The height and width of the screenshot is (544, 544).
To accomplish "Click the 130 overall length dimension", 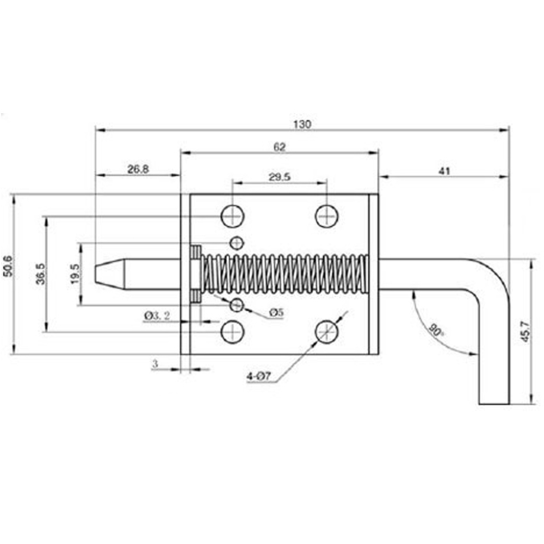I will pyautogui.click(x=302, y=124).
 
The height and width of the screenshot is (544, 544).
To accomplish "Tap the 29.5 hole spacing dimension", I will pyautogui.click(x=279, y=176).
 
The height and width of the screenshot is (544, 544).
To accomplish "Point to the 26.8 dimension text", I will pyautogui.click(x=138, y=170).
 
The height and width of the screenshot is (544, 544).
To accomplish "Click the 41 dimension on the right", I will pyautogui.click(x=444, y=171).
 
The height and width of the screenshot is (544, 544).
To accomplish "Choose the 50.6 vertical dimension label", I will pyautogui.click(x=7, y=266).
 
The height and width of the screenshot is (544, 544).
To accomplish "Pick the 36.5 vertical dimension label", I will pyautogui.click(x=40, y=274).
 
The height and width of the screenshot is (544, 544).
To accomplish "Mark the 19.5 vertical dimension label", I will pyautogui.click(x=75, y=274).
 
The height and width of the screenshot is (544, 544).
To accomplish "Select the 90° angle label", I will pyautogui.click(x=435, y=330).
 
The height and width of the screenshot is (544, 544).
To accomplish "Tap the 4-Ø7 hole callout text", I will pyautogui.click(x=259, y=376).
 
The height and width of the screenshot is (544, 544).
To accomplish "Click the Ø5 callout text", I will pyautogui.click(x=276, y=313).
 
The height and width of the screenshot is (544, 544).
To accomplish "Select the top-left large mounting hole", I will pyautogui.click(x=232, y=216).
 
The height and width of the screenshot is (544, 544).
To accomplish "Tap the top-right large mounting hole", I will pyautogui.click(x=326, y=216).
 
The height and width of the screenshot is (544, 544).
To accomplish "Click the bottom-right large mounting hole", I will pyautogui.click(x=326, y=331).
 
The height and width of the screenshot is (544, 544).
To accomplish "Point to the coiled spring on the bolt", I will pyautogui.click(x=283, y=274).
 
